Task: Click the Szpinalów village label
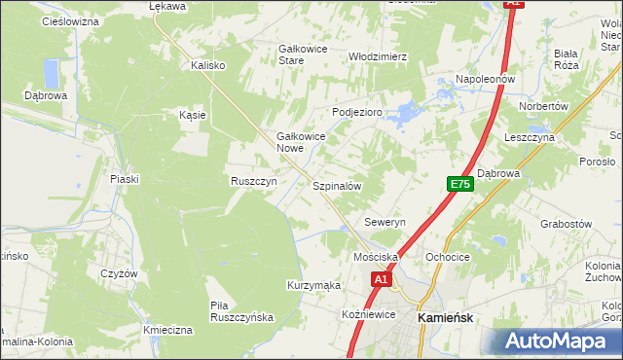pyautogui.click(x=337, y=185)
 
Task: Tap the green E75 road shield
pyautogui.click(x=460, y=184)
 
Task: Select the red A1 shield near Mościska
pyautogui.click(x=381, y=279)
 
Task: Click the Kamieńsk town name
pyautogui.click(x=446, y=317)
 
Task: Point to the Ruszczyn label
pyautogui.click(x=254, y=181)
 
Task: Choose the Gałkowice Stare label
pyautogui.click(x=305, y=54)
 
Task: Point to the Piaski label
pyautogui.click(x=126, y=178)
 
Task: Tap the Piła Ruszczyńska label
pyautogui.click(x=242, y=311)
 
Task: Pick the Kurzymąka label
pyautogui.click(x=313, y=285)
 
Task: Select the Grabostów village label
pyautogui.click(x=567, y=223)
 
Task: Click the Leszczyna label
pyautogui.click(x=530, y=138)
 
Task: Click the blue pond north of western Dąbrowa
pyautogui.click(x=52, y=72)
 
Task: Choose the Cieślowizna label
pyautogui.click(x=71, y=20)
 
